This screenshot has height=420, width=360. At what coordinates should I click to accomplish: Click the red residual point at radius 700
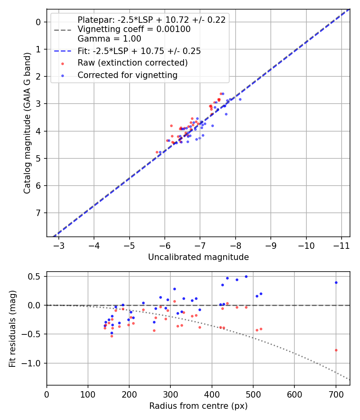336,350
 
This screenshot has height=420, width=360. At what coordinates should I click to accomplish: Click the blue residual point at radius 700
336,282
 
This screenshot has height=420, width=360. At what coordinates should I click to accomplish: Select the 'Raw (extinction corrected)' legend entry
132,63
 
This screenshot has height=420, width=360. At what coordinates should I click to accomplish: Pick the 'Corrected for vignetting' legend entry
127,75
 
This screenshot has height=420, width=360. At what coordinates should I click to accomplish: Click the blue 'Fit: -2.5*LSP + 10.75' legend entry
139,51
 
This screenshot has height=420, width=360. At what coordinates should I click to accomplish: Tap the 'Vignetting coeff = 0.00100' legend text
134,29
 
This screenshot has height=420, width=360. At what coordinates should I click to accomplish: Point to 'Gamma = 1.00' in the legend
109,39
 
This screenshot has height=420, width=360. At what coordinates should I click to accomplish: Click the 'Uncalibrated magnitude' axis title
198,257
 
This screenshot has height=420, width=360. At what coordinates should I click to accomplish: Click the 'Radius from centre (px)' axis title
198,406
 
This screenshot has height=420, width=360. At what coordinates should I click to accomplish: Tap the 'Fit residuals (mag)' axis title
12,328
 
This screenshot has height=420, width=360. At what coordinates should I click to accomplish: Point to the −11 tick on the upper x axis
341,244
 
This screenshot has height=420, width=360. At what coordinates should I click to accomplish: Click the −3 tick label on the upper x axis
59,244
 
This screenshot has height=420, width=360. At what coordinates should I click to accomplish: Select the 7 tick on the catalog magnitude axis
39,213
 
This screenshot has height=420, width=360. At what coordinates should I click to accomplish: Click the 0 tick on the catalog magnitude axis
39,22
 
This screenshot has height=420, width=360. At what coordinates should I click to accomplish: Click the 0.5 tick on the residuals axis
36,276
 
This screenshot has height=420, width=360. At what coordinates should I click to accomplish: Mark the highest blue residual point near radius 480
246,276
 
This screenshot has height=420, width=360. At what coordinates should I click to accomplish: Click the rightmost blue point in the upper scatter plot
240,99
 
